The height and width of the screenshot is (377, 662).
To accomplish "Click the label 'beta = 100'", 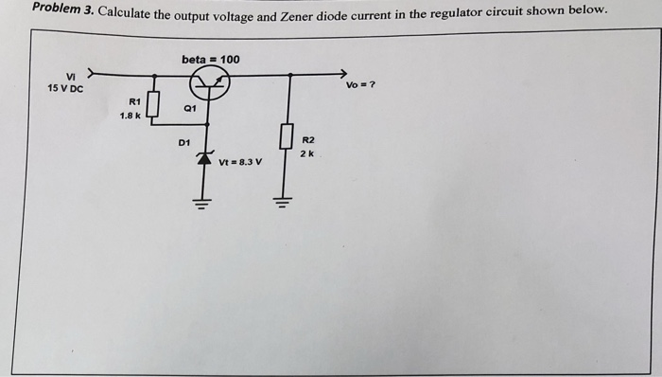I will click(210, 60).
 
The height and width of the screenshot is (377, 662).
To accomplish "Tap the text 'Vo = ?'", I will click(361, 85).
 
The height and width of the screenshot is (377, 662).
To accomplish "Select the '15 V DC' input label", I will click(65, 89).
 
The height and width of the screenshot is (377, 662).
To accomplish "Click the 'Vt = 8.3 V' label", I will click(240, 162).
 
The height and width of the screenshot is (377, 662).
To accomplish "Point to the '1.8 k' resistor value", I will click(130, 116).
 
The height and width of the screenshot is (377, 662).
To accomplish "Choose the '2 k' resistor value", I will click(307, 153).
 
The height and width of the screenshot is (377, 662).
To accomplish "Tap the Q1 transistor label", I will click(190, 109).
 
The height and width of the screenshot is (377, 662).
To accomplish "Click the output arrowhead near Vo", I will click(343, 74).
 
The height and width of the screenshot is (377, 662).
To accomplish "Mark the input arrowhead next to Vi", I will click(92, 72).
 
